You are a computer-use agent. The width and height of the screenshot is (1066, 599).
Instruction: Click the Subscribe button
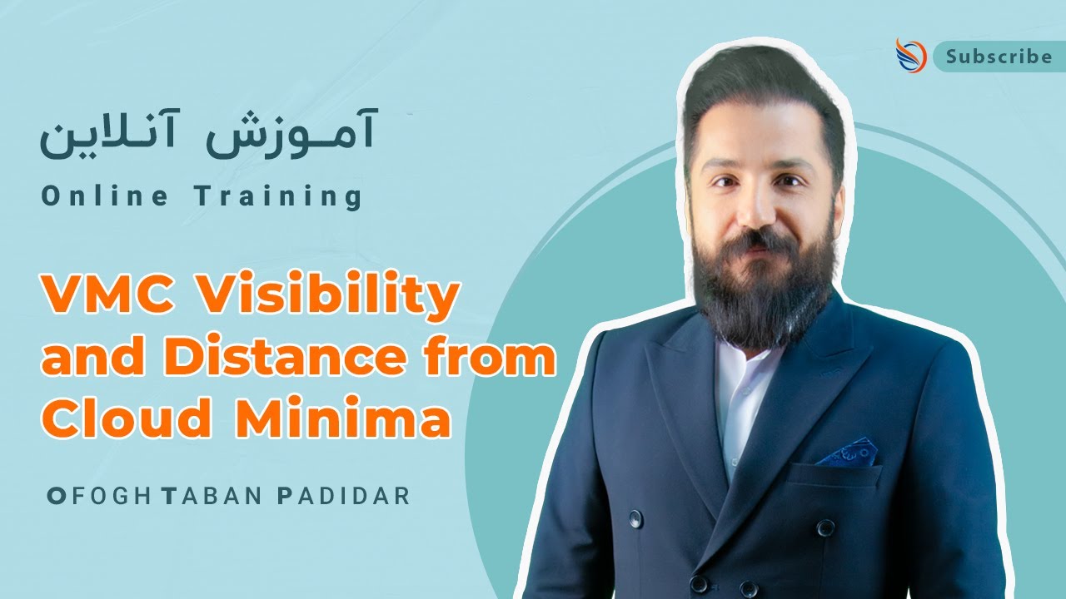pyautogui.click(x=998, y=57)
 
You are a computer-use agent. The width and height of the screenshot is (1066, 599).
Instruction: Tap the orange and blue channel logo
pyautogui.click(x=910, y=55)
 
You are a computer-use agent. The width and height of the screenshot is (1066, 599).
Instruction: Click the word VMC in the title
pyautogui.click(x=106, y=297)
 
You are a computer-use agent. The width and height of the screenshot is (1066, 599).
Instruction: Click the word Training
pyautogui.click(x=279, y=198)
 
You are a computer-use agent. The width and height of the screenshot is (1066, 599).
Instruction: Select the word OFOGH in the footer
pyautogui.click(x=99, y=497)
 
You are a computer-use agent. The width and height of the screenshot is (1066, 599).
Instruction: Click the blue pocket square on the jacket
pyautogui.click(x=847, y=453)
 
